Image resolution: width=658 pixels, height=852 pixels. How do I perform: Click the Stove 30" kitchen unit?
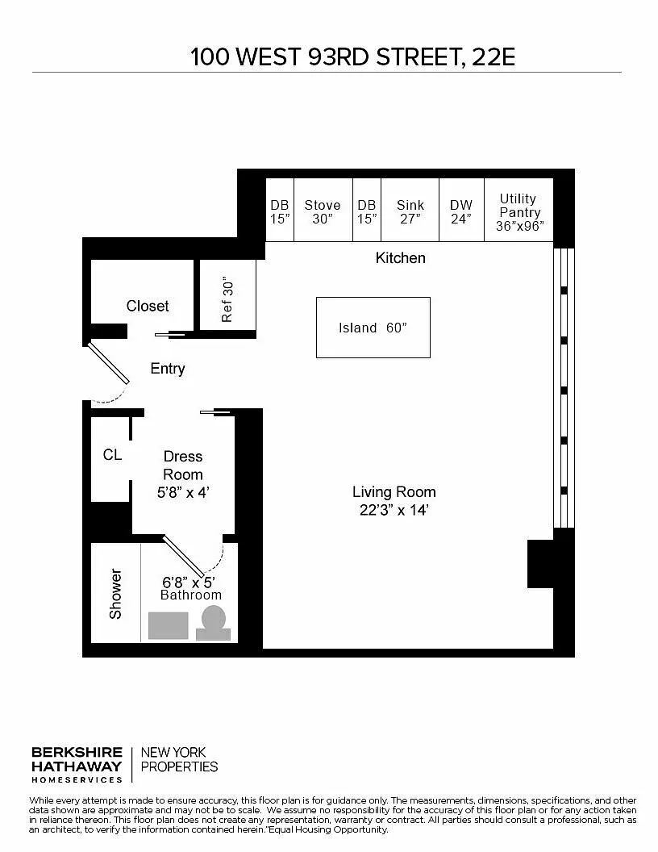pyautogui.click(x=323, y=210)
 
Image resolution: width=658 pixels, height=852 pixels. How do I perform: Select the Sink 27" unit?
pyautogui.click(x=410, y=210)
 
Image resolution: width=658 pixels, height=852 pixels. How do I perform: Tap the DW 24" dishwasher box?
pyautogui.click(x=461, y=210)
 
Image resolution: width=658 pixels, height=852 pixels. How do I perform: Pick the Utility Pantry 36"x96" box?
pyautogui.click(x=518, y=210)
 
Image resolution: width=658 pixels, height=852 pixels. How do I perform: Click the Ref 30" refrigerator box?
pyautogui.click(x=227, y=295)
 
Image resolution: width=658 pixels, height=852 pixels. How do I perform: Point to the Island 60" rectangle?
pyautogui.click(x=373, y=328)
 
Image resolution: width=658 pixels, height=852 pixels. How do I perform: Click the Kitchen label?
pyautogui.click(x=401, y=257)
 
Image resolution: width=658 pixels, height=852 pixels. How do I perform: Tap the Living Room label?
pyautogui.click(x=394, y=491)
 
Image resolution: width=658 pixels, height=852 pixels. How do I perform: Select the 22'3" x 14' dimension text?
pyautogui.click(x=394, y=510)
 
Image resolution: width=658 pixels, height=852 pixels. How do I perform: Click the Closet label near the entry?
pyautogui.click(x=148, y=306)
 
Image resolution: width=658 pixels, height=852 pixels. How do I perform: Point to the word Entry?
pyautogui.click(x=168, y=369)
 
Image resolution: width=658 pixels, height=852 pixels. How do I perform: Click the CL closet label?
pyautogui.click(x=112, y=454)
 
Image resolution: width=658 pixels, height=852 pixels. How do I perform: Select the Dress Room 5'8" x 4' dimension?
pyautogui.click(x=184, y=493)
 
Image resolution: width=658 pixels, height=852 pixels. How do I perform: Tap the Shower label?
pyautogui.click(x=115, y=593)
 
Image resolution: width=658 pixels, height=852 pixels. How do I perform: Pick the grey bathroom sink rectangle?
pyautogui.click(x=169, y=626)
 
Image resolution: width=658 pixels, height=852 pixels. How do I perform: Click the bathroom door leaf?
pyautogui.click(x=184, y=557)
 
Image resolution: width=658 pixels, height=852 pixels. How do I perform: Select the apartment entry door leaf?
pyautogui.click(x=109, y=362)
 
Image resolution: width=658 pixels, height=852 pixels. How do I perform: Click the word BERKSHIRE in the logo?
pyautogui.click(x=77, y=753)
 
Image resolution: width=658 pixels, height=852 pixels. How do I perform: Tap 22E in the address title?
pyautogui.click(x=493, y=57)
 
